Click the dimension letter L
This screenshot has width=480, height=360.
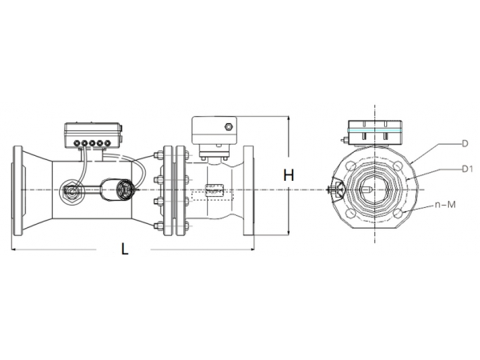[124, 249]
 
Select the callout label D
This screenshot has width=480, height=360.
[463, 144]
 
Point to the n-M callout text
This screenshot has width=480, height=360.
[446, 205]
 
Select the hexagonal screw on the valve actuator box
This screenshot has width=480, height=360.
[230, 126]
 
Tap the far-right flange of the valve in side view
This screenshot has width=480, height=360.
[249, 190]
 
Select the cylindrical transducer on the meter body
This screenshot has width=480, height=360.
[124, 190]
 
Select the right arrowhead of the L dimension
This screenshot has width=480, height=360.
[251, 249]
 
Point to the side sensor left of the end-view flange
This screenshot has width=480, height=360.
[334, 190]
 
